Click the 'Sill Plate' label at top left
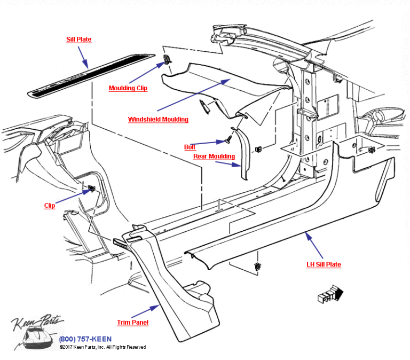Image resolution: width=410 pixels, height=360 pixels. pos(78,40)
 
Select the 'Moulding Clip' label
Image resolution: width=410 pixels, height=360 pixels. pos(128,88)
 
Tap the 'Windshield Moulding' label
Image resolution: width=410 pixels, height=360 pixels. pos(158,120)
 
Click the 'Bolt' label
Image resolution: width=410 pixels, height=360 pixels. pos(190,147)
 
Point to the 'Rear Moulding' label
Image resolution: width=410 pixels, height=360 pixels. pos(214,156)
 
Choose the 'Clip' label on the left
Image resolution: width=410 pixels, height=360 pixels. pos(49,206)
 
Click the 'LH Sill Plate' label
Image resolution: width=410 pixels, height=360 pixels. pos(323,264)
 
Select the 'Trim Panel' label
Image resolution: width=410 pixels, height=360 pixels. pos(133,323)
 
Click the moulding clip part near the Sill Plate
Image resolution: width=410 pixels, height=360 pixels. pos(167,60)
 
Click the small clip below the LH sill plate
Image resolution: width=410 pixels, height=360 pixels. pos(258,266)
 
